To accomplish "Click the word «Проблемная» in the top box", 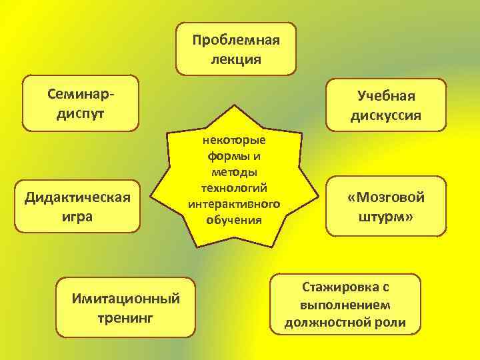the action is [x=235, y=39].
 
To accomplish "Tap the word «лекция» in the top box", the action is [x=235, y=59].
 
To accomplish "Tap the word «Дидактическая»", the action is [x=77, y=197].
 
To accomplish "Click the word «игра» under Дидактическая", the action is [x=77, y=217].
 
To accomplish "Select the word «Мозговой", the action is [x=386, y=197].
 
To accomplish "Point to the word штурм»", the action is [x=386, y=217].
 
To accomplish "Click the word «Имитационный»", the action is [x=125, y=297].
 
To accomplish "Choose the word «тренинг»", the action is [x=125, y=317].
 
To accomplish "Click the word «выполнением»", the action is [x=345, y=305].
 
